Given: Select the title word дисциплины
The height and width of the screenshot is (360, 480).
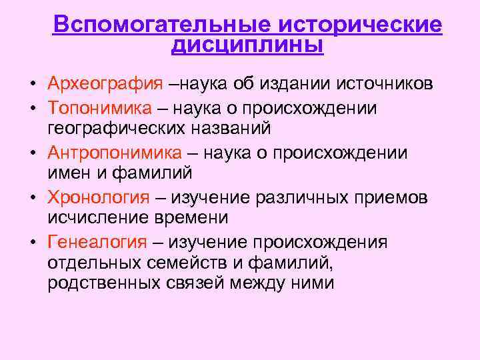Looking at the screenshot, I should (247, 45).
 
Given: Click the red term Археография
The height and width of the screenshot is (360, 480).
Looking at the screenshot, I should (105, 84).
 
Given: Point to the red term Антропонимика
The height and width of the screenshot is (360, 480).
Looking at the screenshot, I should (114, 153).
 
